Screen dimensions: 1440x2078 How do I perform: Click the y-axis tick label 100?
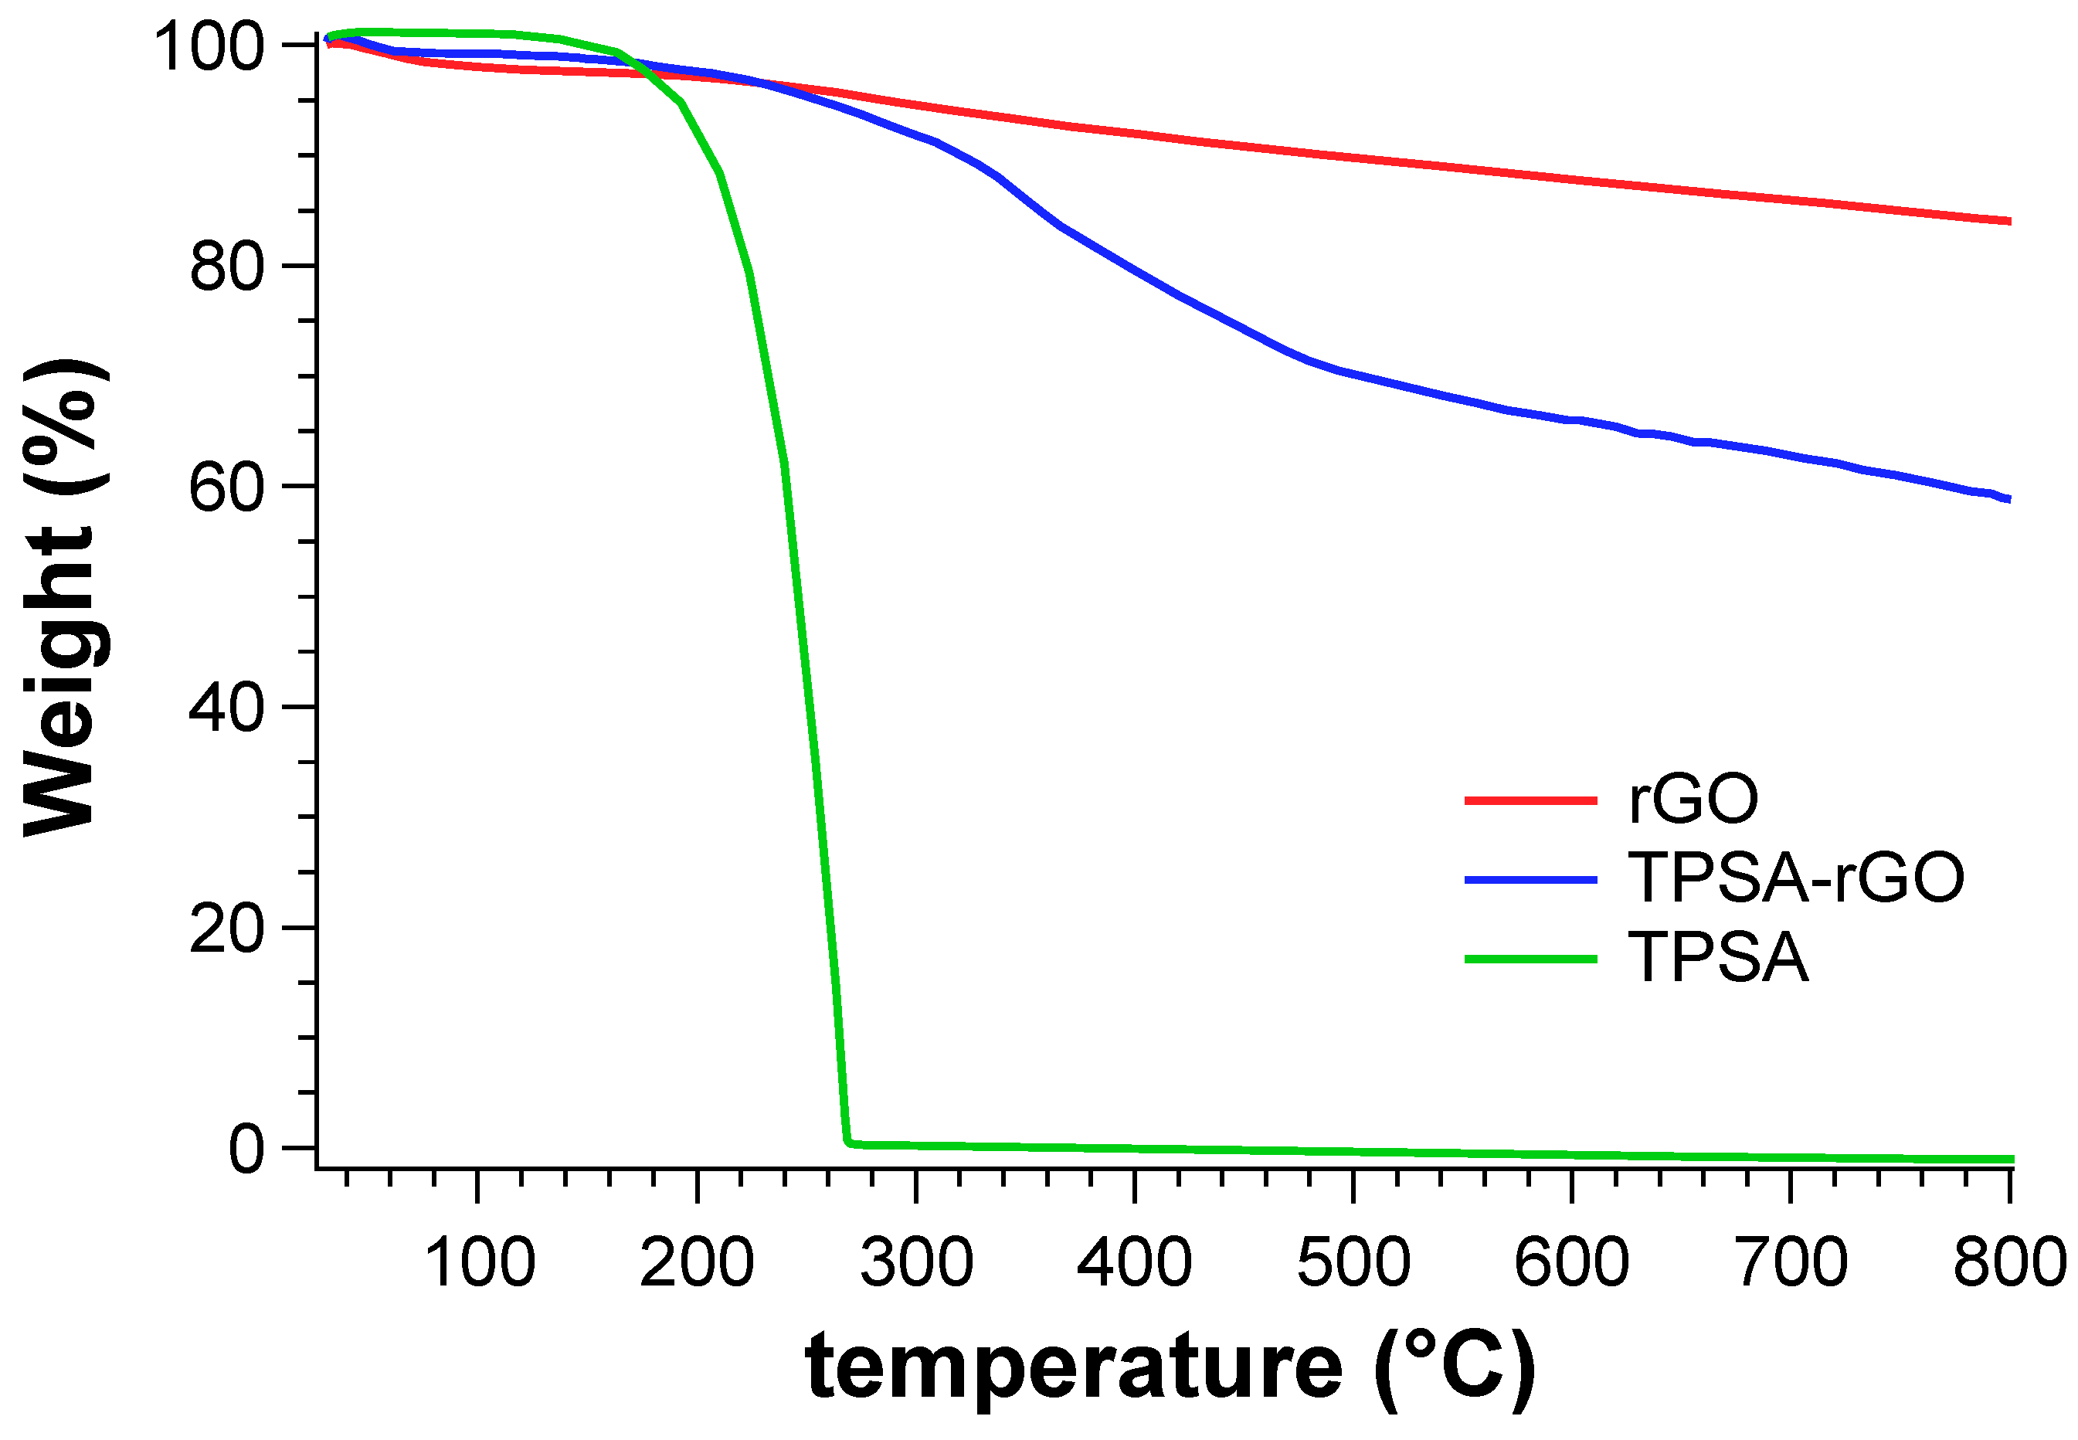[209, 47]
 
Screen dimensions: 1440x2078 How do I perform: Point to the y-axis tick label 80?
[226, 267]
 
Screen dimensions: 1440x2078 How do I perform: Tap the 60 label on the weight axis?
[226, 488]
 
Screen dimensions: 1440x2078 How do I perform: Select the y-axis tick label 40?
[226, 708]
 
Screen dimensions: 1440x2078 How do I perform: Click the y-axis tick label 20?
[226, 929]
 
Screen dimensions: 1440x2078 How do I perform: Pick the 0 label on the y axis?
[246, 1150]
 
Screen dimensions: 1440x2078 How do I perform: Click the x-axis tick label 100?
[479, 1262]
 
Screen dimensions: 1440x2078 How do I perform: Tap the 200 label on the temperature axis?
[697, 1262]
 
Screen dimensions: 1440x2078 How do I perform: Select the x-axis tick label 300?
[916, 1262]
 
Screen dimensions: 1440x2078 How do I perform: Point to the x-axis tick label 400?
[1134, 1262]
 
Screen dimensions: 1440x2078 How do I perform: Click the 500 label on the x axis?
[1353, 1262]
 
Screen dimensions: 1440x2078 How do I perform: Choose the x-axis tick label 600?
[1572, 1262]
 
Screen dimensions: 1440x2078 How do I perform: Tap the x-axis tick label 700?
[1791, 1262]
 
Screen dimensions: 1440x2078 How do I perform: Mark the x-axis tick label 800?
[2009, 1262]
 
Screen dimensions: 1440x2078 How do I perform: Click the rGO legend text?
[1693, 800]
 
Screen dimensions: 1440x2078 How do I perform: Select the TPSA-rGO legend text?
[1795, 877]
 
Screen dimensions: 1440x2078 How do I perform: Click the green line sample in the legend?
[1530, 958]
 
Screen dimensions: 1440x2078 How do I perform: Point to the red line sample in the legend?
[1530, 800]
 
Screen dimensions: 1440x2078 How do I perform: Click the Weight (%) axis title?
[61, 596]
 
